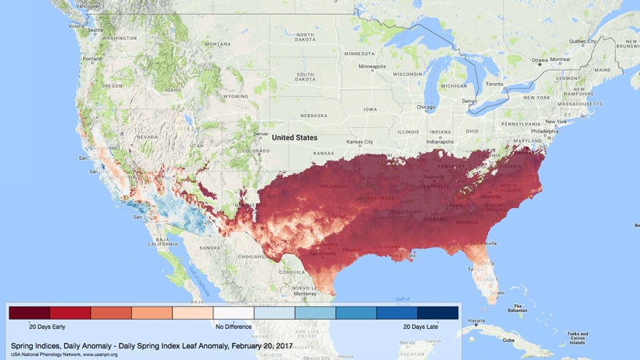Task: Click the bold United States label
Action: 294,137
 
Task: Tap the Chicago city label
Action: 425,107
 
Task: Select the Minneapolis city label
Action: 372,66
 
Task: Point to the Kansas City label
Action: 359,142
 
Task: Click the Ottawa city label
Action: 541,60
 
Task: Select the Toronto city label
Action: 497,83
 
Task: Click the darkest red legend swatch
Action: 29,313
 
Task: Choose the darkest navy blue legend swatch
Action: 438,313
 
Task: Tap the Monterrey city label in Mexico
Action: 304,294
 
